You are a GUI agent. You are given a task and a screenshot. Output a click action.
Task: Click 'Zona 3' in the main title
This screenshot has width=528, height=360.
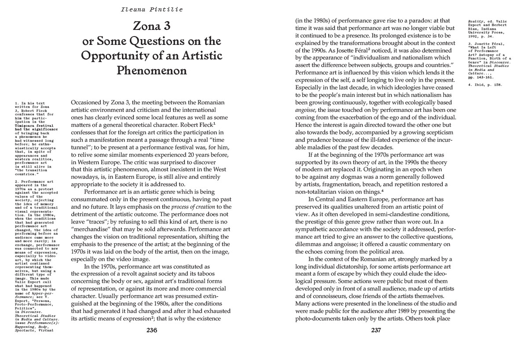[x=152, y=26]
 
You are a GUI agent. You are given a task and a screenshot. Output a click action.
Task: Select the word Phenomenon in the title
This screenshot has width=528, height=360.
[x=152, y=70]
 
